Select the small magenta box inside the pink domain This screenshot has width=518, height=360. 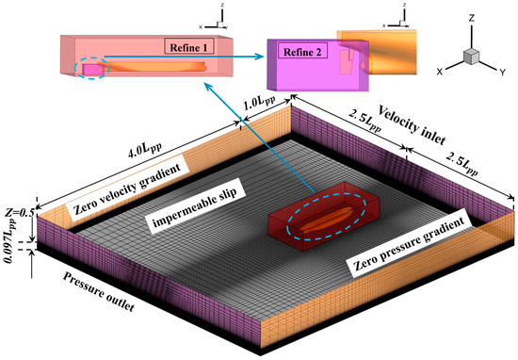coord(95,70)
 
